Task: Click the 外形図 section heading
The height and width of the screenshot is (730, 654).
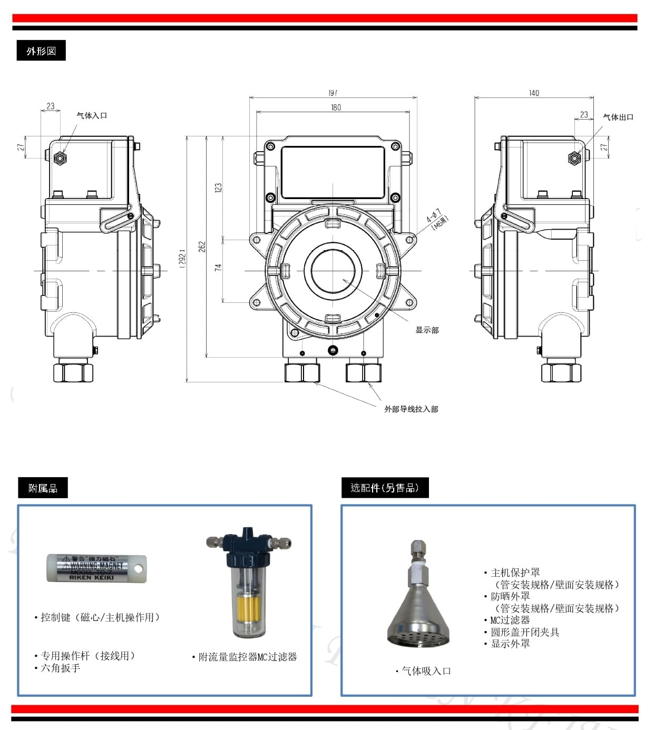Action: (41, 51)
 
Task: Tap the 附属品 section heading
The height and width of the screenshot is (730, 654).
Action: (43, 488)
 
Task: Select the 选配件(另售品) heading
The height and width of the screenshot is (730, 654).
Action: (385, 488)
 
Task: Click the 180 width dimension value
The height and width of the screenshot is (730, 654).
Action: (336, 107)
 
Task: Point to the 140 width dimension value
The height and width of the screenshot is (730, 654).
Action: (534, 93)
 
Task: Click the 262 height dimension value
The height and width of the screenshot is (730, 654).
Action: (202, 246)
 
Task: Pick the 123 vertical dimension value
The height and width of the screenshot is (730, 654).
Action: (218, 188)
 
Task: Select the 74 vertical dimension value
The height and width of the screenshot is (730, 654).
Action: (218, 268)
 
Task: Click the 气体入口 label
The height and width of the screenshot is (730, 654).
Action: (92, 115)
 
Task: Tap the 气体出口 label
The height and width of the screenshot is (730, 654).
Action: (618, 117)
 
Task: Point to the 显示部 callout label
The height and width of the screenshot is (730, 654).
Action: (427, 330)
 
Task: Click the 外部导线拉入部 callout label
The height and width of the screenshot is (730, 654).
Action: (411, 409)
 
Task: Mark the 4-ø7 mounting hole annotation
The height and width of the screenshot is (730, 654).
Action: (436, 218)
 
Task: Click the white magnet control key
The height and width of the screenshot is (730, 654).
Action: (96, 568)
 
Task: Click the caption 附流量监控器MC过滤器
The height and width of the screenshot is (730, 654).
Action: (247, 657)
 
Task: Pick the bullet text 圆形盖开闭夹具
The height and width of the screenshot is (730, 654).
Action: (525, 632)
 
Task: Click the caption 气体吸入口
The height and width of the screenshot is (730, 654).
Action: (426, 671)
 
